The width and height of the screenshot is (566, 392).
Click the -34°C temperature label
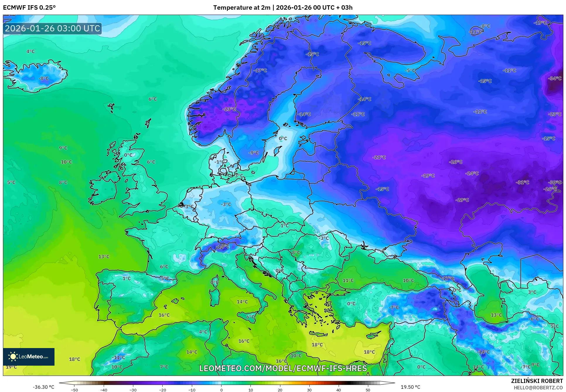pos(555,78)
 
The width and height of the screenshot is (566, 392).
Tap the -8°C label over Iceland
pos(44,78)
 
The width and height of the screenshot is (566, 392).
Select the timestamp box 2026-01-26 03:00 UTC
pos(52,28)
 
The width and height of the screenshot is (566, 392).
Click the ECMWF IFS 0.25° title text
pos(29,8)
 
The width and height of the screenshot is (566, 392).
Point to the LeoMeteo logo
pos(29,357)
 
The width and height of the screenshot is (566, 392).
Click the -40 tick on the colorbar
pos(104,390)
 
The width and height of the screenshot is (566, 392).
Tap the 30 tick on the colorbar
pos(309,390)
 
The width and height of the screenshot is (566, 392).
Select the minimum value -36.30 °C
pos(43,387)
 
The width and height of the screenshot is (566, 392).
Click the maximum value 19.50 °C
pos(410,387)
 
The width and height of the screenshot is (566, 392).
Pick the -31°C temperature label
pos(523,182)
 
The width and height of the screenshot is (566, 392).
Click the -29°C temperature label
pos(462,200)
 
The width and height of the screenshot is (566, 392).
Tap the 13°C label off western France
pos(104,257)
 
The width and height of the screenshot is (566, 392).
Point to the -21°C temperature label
pos(379,157)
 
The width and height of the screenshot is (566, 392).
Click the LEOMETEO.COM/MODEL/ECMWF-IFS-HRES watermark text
pos(283,368)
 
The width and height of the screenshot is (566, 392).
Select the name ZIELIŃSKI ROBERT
pos(537,381)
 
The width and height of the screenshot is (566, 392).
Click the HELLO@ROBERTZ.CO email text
pos(538,388)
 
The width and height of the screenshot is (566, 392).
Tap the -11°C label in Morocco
pos(118,357)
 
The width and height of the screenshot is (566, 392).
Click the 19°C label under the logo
pos(11,367)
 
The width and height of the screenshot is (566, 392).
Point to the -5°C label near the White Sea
pos(410,70)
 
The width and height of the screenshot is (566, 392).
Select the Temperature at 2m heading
pos(242,8)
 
